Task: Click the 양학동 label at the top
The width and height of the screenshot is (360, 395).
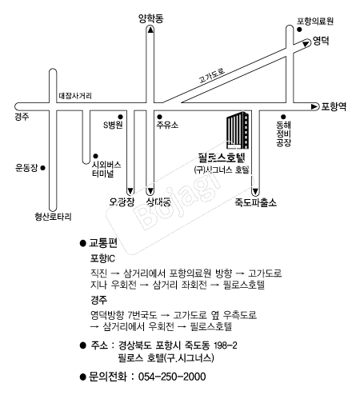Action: click(150, 18)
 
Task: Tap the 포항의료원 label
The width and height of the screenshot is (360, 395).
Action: click(315, 21)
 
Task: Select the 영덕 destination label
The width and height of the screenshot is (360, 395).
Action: click(321, 41)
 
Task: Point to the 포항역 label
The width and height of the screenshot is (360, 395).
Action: click(334, 106)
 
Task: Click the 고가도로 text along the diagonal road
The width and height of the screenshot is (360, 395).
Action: click(212, 75)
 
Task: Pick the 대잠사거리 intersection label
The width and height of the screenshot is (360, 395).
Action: click(75, 96)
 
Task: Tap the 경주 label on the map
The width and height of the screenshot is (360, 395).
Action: click(22, 117)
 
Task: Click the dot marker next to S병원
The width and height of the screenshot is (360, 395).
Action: click(120, 117)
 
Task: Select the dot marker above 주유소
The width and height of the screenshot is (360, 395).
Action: click(159, 117)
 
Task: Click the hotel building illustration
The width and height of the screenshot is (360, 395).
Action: click(238, 130)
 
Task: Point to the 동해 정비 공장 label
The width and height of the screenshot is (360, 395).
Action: click(283, 134)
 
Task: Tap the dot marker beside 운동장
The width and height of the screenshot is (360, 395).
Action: click(42, 168)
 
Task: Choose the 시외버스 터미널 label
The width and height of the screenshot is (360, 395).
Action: click(106, 169)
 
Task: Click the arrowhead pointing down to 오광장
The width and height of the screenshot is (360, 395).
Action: click(130, 191)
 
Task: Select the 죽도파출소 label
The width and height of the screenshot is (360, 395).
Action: click(255, 202)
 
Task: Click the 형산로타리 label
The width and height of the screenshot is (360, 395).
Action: click(53, 217)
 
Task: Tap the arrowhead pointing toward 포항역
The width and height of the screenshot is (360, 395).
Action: click(314, 106)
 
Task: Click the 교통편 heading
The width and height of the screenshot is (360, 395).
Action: click(103, 243)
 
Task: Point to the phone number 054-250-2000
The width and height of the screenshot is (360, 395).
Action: click(172, 377)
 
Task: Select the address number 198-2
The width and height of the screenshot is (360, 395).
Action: click(226, 345)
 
